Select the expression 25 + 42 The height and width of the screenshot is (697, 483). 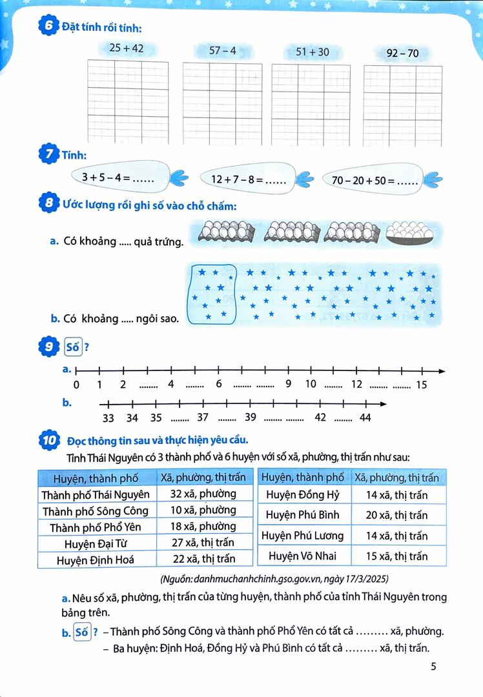click(127, 48)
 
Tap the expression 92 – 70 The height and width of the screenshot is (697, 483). click(402, 54)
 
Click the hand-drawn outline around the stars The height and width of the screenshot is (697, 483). click(211, 294)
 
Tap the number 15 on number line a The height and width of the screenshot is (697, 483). click(422, 385)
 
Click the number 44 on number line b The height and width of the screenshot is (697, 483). click(365, 418)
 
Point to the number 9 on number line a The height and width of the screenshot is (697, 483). click(289, 384)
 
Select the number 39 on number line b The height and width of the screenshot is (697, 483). click(251, 417)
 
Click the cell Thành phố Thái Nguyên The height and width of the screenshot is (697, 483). click(96, 494)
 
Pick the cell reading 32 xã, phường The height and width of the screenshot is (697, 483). click(203, 494)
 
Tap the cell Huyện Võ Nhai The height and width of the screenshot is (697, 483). click(303, 556)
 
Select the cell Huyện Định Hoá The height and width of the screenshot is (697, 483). click(96, 560)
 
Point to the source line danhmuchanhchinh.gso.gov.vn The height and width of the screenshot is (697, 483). click(274, 578)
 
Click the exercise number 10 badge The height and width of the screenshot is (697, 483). click(50, 441)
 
